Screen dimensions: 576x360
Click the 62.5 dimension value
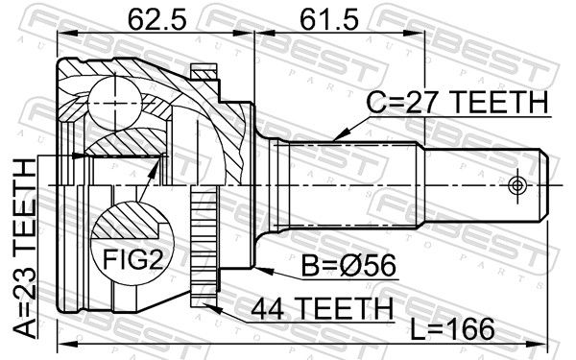click(156, 19)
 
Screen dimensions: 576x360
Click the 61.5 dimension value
click(328, 19)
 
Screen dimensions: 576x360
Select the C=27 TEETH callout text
click(457, 102)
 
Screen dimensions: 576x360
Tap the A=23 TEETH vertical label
click(25, 249)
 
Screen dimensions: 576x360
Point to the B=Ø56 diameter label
click(348, 265)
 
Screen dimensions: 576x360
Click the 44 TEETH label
click(322, 308)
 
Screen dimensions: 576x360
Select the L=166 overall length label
click(452, 329)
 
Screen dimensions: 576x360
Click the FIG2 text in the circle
click(132, 259)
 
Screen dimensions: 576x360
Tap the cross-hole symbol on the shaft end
click(516, 185)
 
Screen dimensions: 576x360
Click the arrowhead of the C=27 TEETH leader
click(339, 135)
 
